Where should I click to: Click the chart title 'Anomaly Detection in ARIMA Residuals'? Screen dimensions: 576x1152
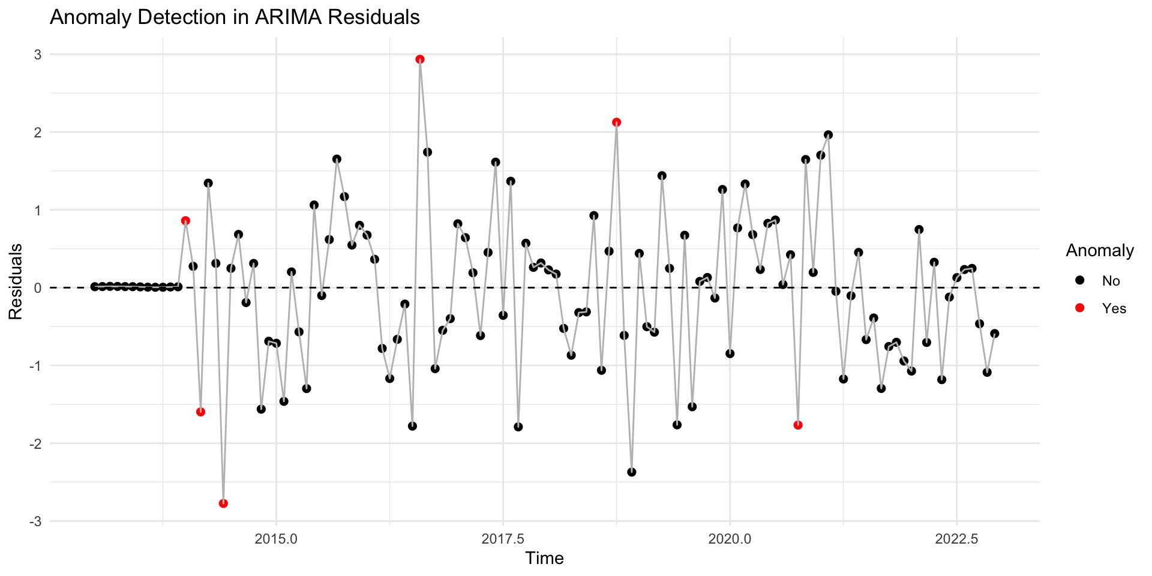(235, 17)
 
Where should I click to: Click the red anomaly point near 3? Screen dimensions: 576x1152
(420, 59)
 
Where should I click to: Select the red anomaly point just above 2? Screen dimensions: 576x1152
(616, 122)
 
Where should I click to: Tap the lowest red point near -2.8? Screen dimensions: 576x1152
(223, 503)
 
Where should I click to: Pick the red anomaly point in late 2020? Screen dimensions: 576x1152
(798, 425)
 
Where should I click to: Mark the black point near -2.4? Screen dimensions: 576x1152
(631, 472)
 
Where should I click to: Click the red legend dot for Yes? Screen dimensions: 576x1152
(1080, 308)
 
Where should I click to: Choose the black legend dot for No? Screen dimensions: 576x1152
(1080, 281)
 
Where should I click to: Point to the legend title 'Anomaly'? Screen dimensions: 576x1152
(1099, 251)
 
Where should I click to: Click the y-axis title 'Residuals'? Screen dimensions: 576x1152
(16, 281)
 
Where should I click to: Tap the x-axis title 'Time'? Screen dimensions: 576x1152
(544, 559)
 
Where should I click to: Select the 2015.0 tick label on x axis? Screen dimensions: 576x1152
(276, 539)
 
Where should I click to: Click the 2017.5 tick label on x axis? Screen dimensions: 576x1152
(503, 539)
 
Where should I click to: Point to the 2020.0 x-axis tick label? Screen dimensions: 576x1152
(730, 539)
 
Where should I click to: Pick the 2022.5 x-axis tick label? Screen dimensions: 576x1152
(956, 539)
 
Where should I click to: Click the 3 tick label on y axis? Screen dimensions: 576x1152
(38, 55)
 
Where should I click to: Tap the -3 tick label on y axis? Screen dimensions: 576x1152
(35, 521)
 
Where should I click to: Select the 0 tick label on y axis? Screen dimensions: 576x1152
(38, 288)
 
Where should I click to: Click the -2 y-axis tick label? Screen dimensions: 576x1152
(35, 444)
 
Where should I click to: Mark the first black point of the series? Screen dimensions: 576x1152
(95, 287)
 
